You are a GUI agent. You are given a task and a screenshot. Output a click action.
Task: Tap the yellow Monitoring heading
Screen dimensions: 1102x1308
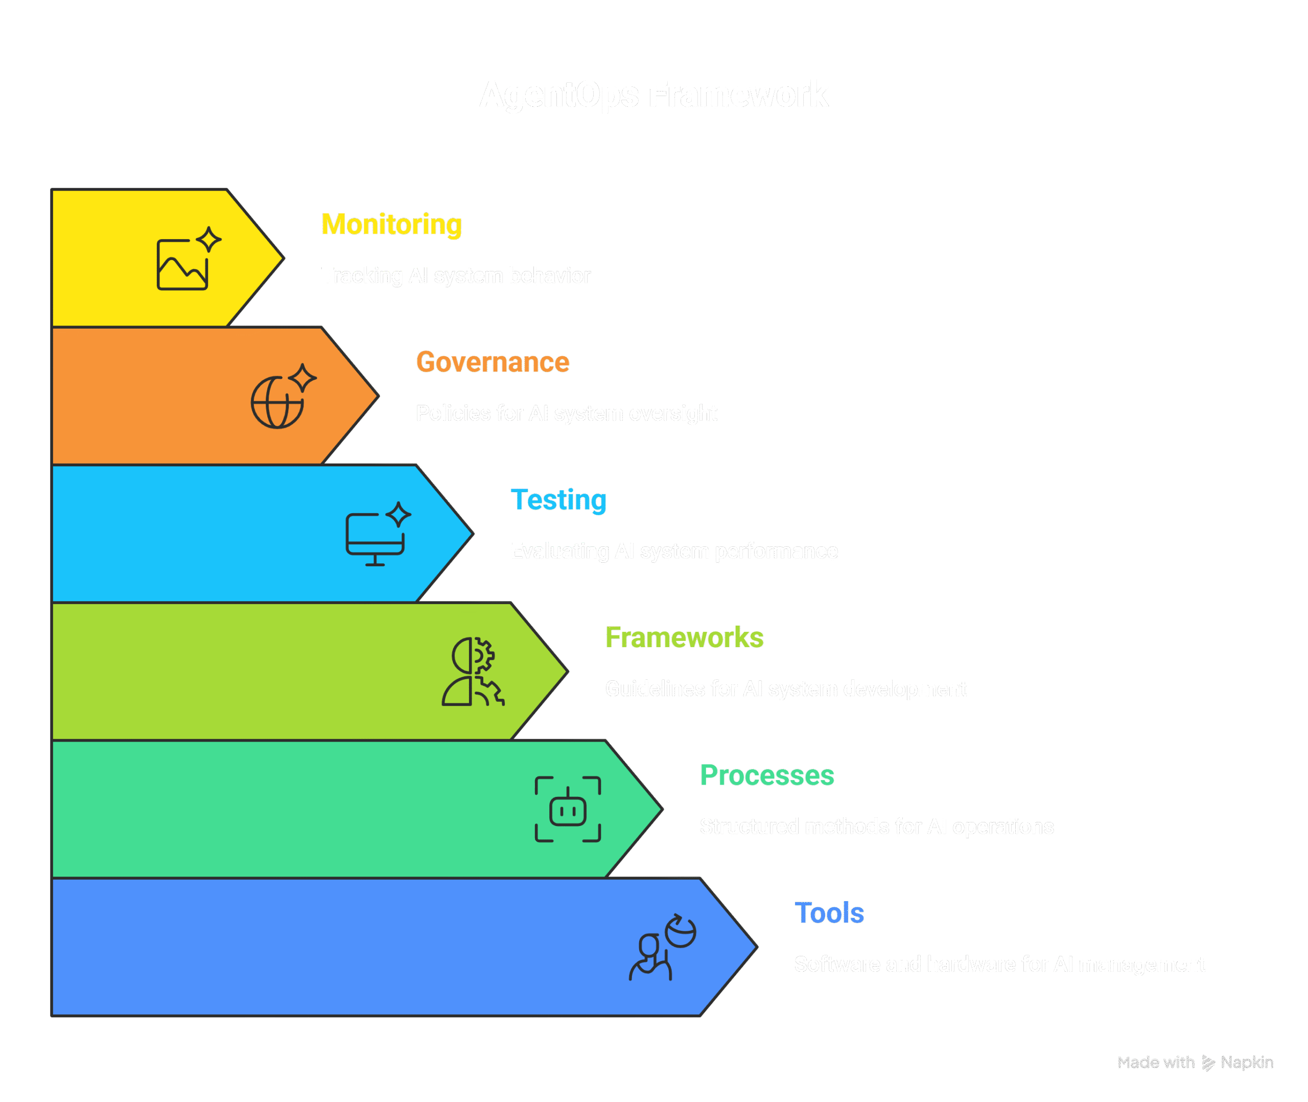pos(391,225)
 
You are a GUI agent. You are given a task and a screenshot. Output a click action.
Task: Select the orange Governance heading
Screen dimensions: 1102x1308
pos(493,362)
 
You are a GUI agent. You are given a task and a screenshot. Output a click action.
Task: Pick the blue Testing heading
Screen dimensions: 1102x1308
pos(558,500)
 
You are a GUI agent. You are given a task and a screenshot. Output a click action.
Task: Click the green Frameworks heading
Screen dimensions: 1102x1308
pos(684,638)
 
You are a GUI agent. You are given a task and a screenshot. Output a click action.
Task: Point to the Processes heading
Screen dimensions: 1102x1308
pos(767,776)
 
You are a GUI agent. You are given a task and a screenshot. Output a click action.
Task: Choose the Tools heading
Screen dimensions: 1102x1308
pos(829,913)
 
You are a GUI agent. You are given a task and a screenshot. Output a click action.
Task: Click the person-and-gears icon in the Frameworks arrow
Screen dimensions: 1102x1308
pos(473,672)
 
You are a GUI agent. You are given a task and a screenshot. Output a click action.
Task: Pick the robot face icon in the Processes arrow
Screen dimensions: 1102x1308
pos(568,810)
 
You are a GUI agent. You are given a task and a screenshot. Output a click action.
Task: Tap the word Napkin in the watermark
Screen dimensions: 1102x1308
pos(1247,1063)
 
